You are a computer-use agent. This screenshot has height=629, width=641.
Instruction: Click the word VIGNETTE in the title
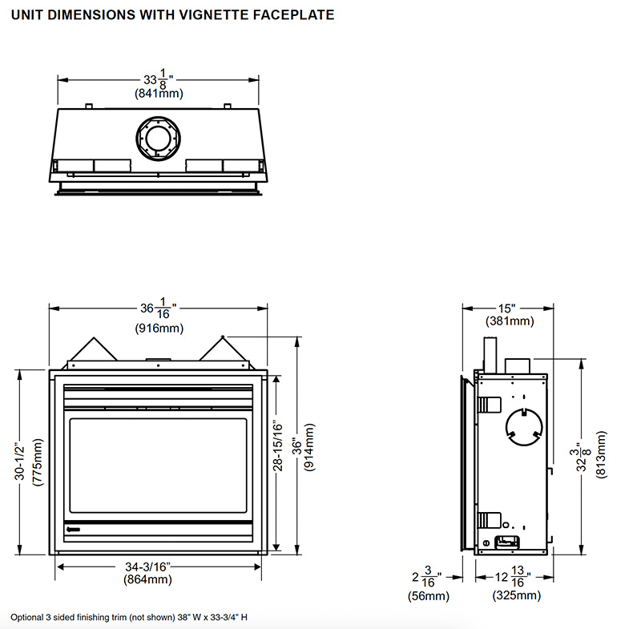pos(214,15)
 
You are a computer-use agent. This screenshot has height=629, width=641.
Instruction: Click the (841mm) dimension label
pos(159,94)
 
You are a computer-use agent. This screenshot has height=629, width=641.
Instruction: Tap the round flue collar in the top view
pos(158,139)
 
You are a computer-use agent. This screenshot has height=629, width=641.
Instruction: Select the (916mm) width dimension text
pos(159,329)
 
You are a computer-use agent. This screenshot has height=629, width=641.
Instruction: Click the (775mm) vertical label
pos(37,462)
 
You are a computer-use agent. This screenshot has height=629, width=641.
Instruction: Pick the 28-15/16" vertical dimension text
pos(277,446)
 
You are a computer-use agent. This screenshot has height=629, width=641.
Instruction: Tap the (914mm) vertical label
pos(310,447)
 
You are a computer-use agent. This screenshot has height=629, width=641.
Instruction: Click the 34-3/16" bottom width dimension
pos(147,567)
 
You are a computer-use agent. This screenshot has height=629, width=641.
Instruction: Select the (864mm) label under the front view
pos(147,579)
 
